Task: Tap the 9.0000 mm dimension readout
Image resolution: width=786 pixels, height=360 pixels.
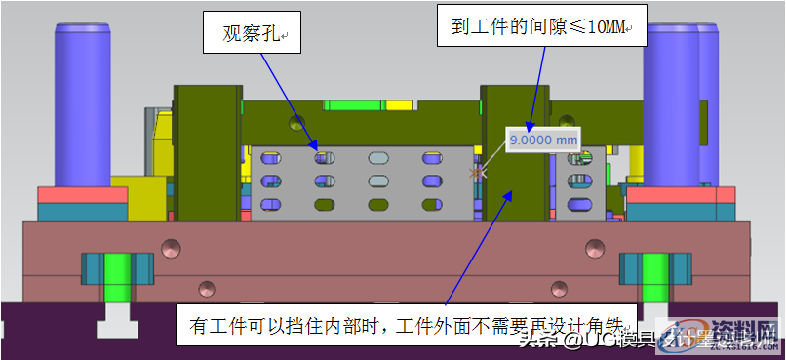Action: pyautogui.click(x=544, y=140)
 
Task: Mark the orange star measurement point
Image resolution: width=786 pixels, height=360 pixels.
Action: pyautogui.click(x=477, y=173)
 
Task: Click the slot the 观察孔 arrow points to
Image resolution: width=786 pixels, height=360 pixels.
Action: pyautogui.click(x=324, y=156)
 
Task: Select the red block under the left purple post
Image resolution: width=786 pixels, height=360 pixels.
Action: pyautogui.click(x=82, y=195)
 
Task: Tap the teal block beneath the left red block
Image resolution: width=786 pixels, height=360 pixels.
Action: pyautogui.click(x=82, y=212)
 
